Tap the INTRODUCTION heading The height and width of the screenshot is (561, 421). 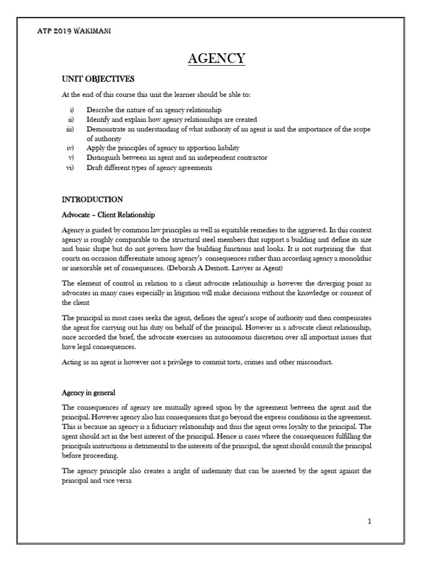coord(93,199)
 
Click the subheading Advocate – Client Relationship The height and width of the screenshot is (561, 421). coord(109,214)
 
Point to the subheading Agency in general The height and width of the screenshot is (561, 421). coord(88,393)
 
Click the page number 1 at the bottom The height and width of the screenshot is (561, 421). coord(369,521)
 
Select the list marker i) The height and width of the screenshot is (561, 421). coord(72,111)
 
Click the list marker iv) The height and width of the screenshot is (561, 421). coord(71,148)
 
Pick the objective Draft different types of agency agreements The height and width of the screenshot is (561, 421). coord(149,168)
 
